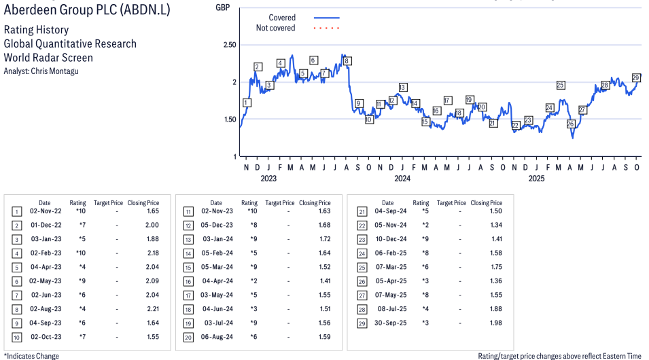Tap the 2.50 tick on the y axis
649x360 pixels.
pos(229,45)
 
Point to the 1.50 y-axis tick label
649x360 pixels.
pos(229,120)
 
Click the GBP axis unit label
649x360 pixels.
pos(222,7)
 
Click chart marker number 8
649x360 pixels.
pos(347,61)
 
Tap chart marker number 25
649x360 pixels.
pos(561,85)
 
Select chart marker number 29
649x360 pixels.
pos(636,77)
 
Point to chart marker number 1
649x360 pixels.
pos(246,103)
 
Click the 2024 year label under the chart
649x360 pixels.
pos(402,179)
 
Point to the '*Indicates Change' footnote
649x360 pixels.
pos(31,356)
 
